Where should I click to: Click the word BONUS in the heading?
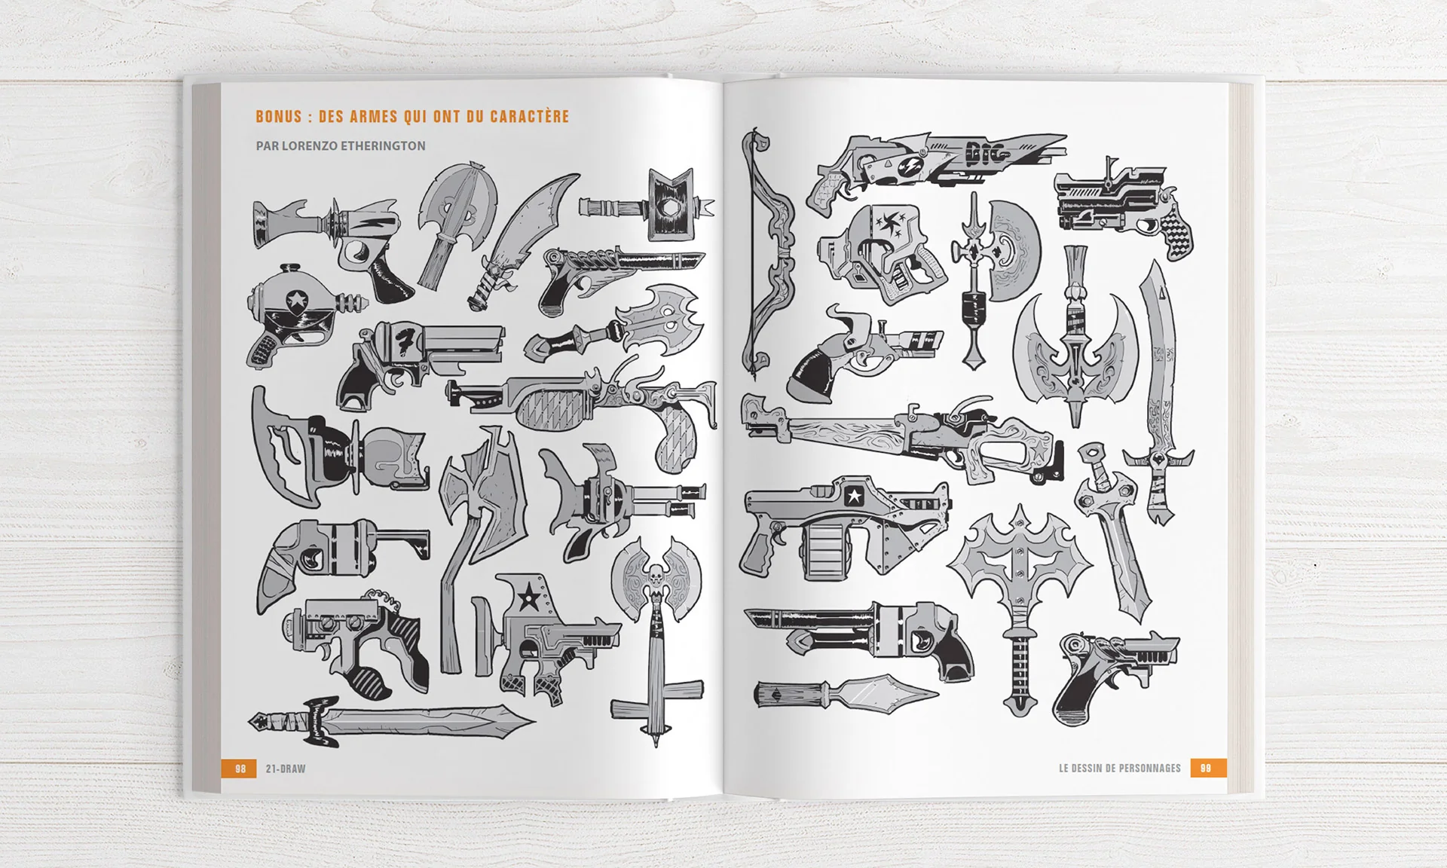[x=278, y=117]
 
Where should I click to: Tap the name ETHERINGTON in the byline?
[x=383, y=146]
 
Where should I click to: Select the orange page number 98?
[x=240, y=769]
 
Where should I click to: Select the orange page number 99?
[x=1206, y=769]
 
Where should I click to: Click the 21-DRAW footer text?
[x=286, y=769]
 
